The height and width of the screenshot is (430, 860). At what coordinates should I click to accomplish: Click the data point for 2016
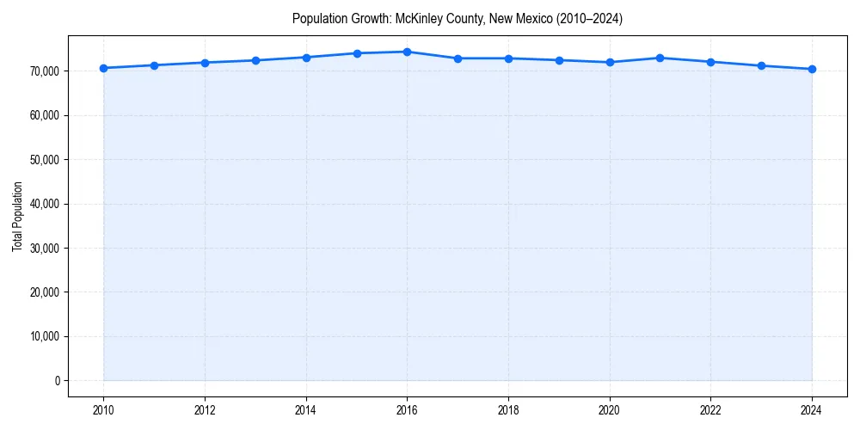tap(407, 52)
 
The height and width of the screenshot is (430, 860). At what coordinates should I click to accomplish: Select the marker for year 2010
tap(103, 68)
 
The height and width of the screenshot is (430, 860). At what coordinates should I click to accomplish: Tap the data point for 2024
tap(812, 69)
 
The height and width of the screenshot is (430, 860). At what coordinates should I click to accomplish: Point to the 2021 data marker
tap(660, 58)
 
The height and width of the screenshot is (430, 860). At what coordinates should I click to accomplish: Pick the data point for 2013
tap(255, 60)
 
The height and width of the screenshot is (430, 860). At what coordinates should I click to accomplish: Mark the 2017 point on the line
tap(458, 58)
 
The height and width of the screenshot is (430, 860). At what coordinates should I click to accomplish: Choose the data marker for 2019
tap(559, 60)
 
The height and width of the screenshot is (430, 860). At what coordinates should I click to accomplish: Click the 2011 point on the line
tap(154, 65)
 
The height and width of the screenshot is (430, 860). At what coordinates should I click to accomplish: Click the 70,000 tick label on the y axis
tap(44, 71)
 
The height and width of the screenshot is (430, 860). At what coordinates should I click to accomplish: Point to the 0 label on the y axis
tap(58, 381)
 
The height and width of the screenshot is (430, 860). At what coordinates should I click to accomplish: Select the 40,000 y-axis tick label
tap(44, 204)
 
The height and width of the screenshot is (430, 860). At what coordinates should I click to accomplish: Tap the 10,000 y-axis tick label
tap(44, 336)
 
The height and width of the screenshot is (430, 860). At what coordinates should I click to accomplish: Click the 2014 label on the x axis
tap(306, 410)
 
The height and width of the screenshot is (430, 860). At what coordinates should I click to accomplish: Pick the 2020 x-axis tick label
tap(610, 410)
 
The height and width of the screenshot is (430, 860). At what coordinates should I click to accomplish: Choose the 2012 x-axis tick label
tap(205, 410)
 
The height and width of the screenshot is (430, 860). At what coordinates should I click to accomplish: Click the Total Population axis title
tap(18, 217)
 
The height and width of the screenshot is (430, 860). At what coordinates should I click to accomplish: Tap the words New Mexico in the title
tap(521, 18)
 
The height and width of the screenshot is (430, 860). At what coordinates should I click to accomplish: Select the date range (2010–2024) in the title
tap(590, 18)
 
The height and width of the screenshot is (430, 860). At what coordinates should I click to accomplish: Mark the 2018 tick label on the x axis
tap(508, 410)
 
